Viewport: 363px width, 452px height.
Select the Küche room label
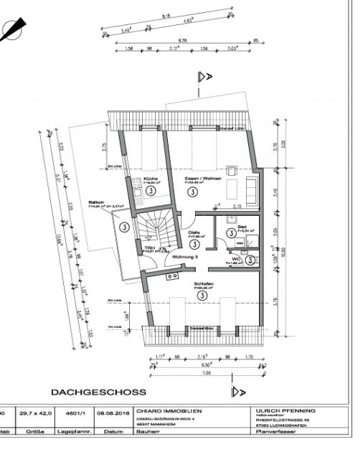click(150, 179)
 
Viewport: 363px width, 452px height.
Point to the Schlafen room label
click(202, 283)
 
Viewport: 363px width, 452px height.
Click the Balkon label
click(97, 203)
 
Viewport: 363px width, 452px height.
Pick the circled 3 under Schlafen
click(202, 295)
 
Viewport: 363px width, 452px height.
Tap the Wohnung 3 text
click(186, 256)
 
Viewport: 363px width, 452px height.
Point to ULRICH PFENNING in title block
click(285, 411)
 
